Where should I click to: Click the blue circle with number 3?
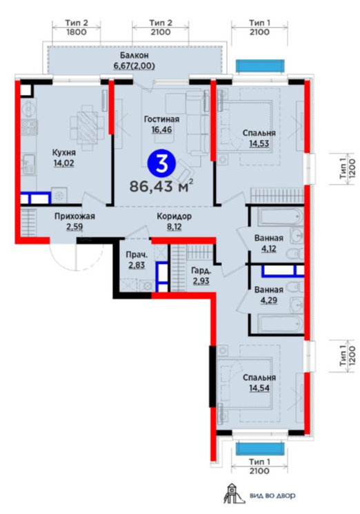[161, 164]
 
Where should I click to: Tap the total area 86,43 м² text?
[161, 187]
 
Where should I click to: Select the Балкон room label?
[134, 55]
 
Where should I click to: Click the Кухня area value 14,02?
[64, 163]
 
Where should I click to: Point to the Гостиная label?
[162, 119]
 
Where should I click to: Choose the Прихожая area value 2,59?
[74, 227]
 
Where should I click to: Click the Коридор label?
[174, 216]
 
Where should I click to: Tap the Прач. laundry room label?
[137, 254]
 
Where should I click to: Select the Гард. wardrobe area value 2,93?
[201, 281]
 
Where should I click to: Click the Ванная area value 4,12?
[268, 249]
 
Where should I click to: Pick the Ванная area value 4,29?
[269, 300]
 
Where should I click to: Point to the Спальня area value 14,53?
[259, 143]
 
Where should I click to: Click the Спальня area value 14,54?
[259, 388]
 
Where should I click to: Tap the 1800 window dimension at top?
[77, 32]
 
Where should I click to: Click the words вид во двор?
[272, 495]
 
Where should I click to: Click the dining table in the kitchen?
[87, 127]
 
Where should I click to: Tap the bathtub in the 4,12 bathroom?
[280, 216]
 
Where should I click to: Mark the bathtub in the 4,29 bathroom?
[280, 324]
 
